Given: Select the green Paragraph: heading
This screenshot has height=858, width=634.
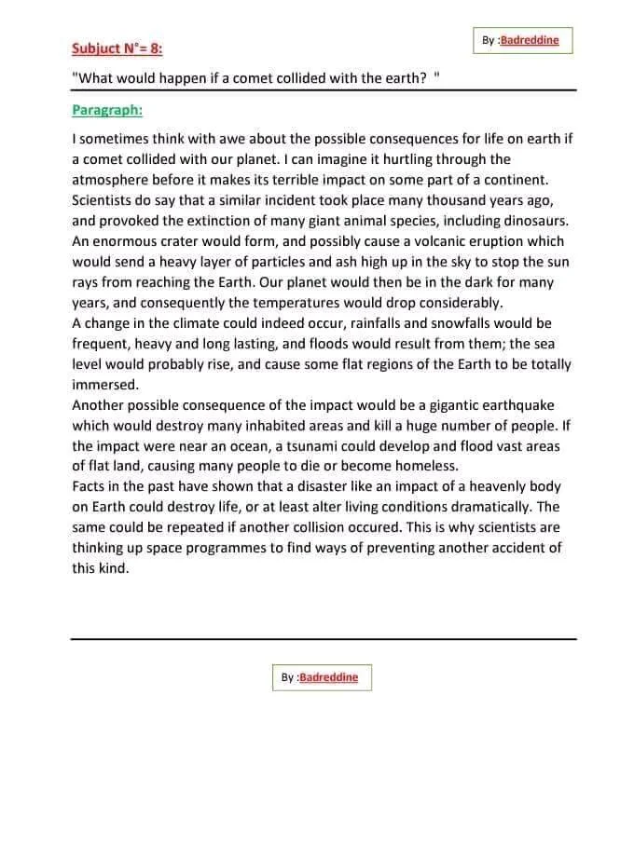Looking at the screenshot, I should click(x=107, y=110).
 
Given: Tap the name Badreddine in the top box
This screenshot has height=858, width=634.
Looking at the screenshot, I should click(x=530, y=41).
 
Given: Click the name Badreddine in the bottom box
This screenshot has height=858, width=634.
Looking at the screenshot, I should click(x=329, y=677).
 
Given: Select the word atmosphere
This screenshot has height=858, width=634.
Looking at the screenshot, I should click(x=113, y=180).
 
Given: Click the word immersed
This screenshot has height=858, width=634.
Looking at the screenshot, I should click(x=105, y=384).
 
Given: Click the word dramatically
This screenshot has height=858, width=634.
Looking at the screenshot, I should click(x=476, y=507).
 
